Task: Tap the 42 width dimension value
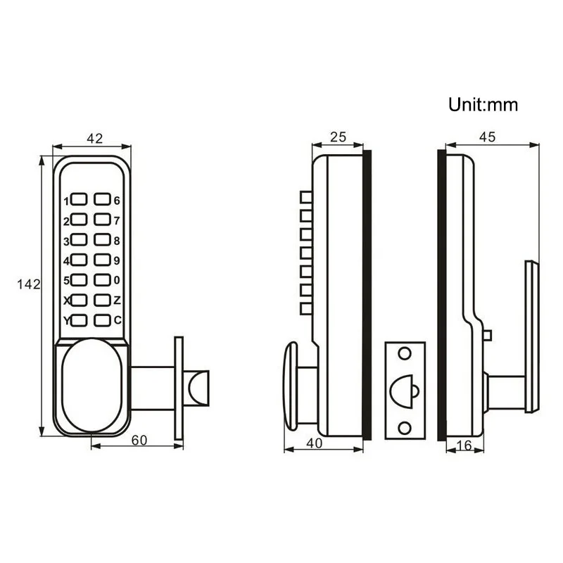click(x=93, y=138)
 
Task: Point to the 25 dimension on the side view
click(x=338, y=138)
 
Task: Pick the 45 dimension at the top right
click(x=486, y=138)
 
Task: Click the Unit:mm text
click(x=483, y=105)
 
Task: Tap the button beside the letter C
click(x=103, y=321)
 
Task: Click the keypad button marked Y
click(x=79, y=321)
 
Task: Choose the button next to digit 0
click(x=103, y=281)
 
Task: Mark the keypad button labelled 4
click(x=79, y=261)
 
